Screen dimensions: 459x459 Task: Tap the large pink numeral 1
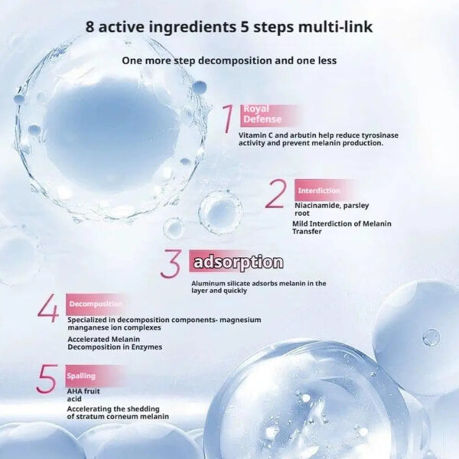(228, 119)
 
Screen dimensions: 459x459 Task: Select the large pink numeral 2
(275, 194)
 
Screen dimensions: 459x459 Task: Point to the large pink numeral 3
(171, 263)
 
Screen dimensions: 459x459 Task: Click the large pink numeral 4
(48, 308)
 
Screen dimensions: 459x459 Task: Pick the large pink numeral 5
(46, 379)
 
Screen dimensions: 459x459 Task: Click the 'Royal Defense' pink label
(262, 114)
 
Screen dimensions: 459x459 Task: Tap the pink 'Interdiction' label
(319, 190)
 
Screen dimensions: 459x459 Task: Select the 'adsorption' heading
(238, 262)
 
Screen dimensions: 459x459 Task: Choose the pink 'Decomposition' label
(96, 304)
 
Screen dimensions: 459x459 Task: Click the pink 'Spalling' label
(81, 376)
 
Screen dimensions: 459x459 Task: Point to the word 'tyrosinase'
(379, 135)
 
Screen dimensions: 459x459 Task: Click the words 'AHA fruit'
(83, 392)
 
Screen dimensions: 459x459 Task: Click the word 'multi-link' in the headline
(336, 27)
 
